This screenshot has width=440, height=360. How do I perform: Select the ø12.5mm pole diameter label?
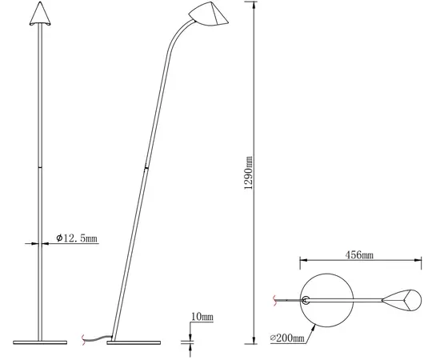77,239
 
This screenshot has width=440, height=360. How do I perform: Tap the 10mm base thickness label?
202,318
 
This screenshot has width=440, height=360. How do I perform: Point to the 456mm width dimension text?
358,255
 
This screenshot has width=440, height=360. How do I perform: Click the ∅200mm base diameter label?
287,339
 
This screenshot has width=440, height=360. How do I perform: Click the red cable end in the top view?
276,301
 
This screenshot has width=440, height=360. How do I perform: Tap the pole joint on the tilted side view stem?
146,168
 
